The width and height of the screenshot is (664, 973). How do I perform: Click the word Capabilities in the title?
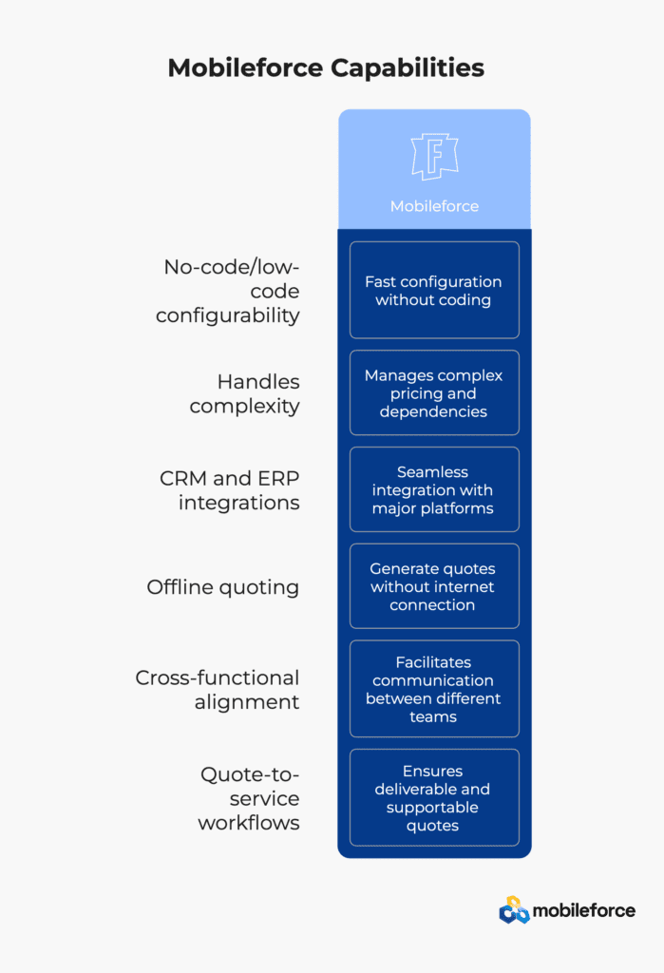(x=407, y=68)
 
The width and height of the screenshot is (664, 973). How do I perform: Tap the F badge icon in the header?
(x=434, y=157)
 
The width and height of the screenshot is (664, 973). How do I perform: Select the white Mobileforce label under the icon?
(x=434, y=206)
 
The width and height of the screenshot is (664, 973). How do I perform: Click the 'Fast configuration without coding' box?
(x=434, y=290)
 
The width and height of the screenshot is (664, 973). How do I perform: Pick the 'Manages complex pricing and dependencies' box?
(x=434, y=392)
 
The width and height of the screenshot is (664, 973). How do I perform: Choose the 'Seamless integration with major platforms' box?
(x=434, y=489)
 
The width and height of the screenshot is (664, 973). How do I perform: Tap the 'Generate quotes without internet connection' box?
(x=434, y=586)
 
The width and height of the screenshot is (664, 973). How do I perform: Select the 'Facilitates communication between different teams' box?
(x=434, y=689)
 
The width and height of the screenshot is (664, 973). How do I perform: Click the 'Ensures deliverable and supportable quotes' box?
(x=434, y=797)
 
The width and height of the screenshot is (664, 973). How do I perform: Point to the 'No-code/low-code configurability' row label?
(x=228, y=291)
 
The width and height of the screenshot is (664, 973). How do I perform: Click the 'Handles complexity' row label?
(x=244, y=393)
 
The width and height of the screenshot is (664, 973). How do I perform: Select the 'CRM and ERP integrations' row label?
(x=230, y=490)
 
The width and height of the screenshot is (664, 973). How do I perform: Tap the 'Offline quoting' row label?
(x=223, y=587)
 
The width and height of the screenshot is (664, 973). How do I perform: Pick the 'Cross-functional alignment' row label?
(x=218, y=690)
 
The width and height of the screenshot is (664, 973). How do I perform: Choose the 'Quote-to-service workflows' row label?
(x=249, y=798)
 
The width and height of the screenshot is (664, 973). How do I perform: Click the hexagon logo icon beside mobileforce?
(x=515, y=910)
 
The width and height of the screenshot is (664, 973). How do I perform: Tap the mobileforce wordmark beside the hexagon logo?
(x=584, y=910)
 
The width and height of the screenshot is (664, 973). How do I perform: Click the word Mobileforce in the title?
(x=245, y=68)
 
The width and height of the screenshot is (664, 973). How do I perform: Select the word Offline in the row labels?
(x=180, y=587)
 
